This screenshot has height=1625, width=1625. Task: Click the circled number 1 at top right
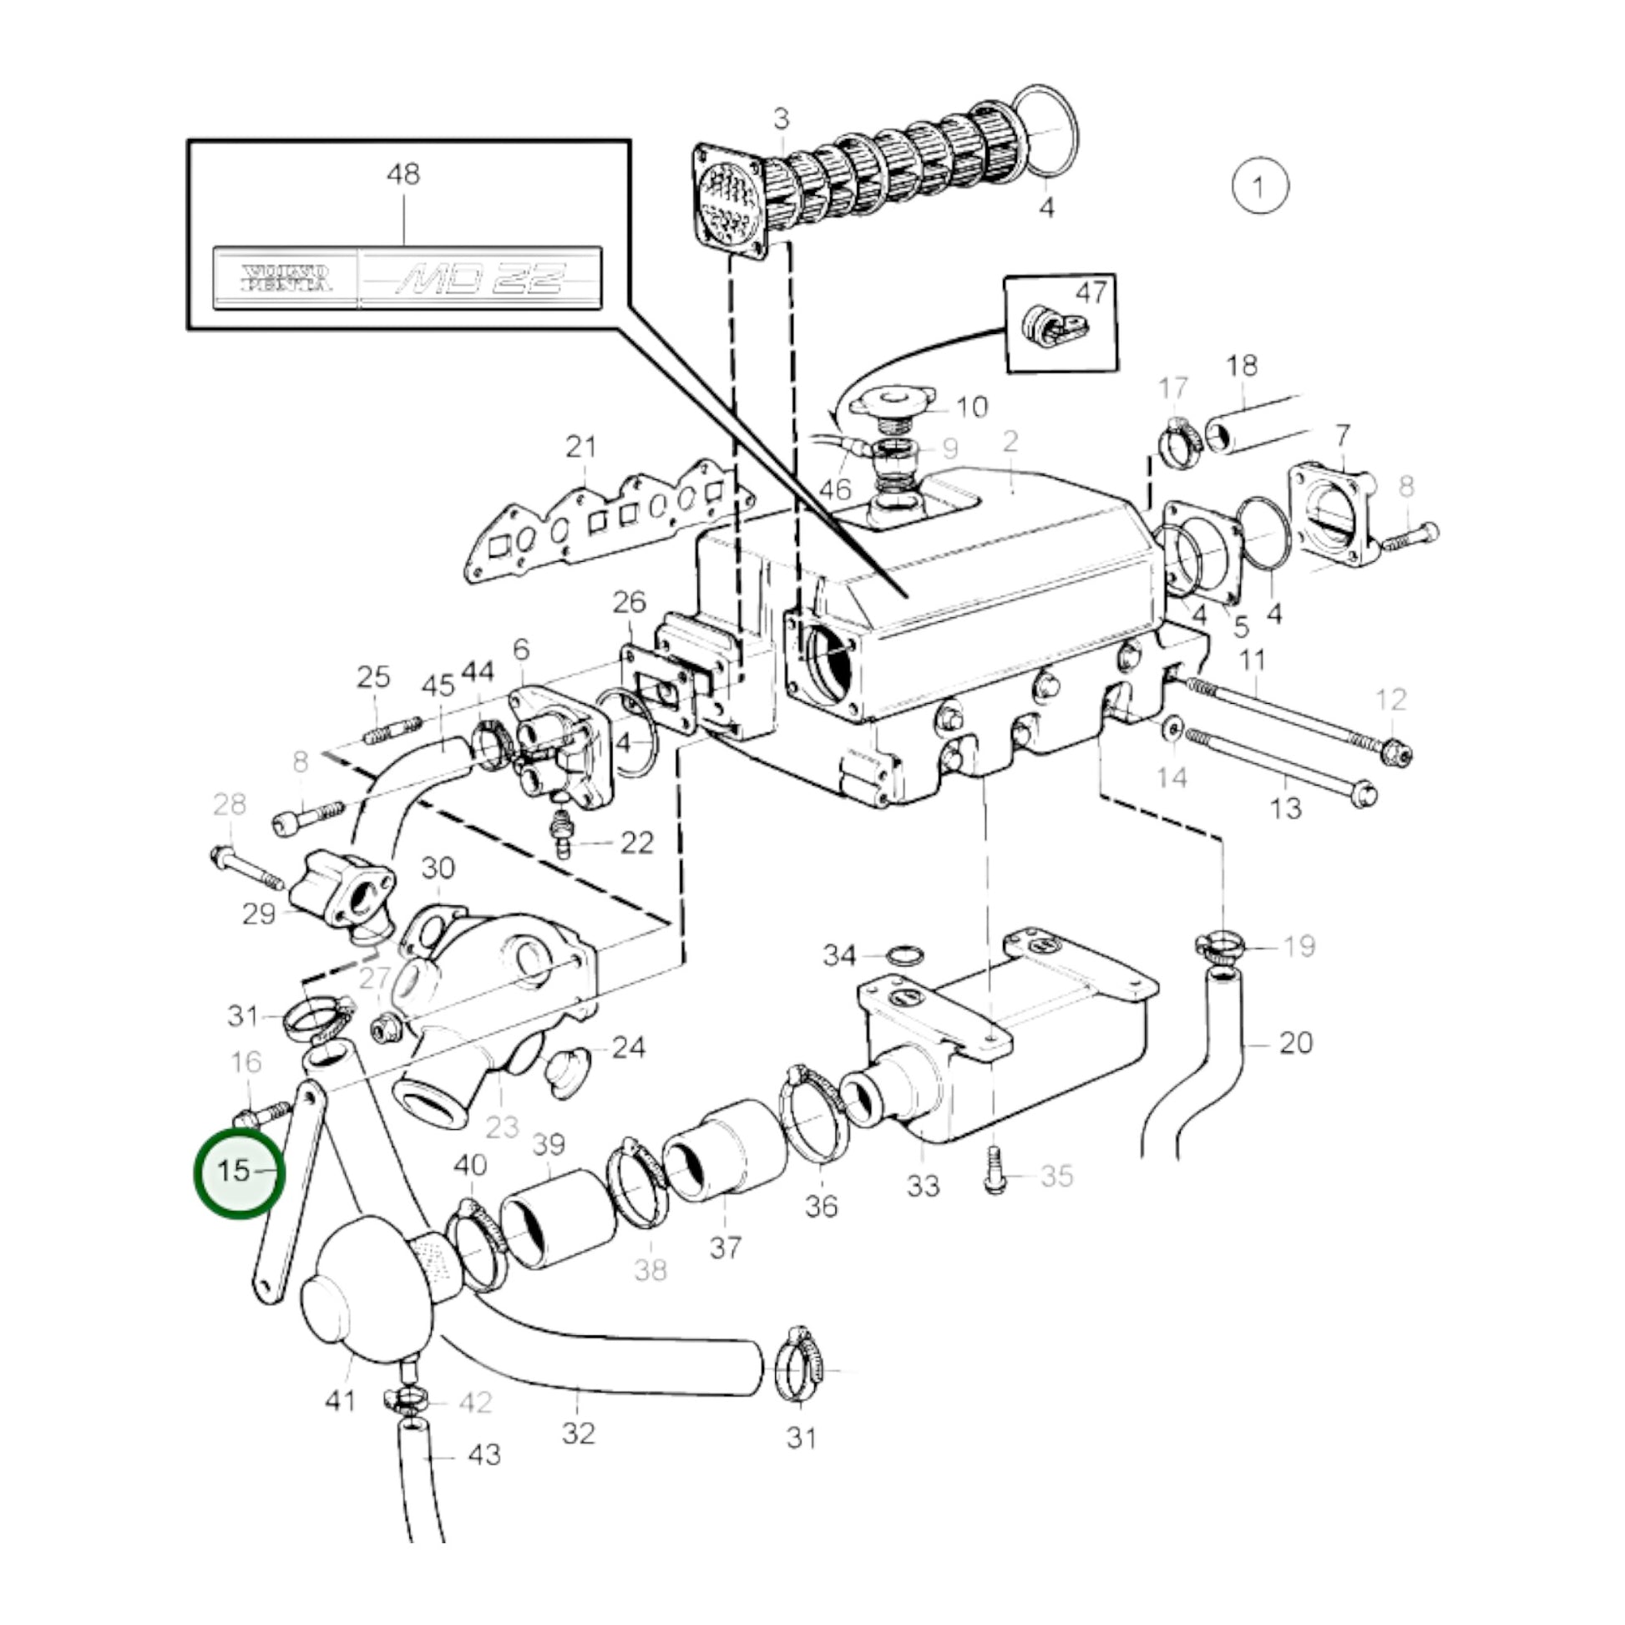(1259, 186)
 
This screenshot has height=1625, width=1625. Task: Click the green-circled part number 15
(235, 1171)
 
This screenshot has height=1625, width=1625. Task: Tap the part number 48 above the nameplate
(402, 175)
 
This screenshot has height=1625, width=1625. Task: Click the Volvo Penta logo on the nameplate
(286, 278)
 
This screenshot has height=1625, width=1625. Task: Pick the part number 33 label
(923, 1187)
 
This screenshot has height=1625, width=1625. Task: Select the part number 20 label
(1295, 1043)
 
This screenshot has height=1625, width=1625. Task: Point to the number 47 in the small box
(1091, 294)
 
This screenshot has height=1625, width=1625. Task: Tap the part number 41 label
(341, 1401)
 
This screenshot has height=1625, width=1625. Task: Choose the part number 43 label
(483, 1455)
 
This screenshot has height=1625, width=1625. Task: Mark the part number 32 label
(579, 1432)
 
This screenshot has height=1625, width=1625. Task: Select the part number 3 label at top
(782, 119)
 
